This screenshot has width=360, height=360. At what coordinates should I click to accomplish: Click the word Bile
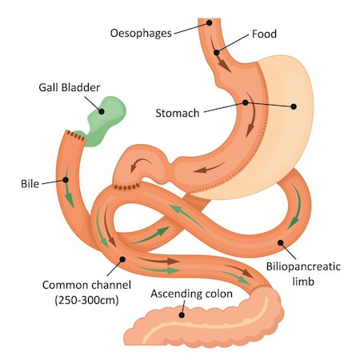point(30,183)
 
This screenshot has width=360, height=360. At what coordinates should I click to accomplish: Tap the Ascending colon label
point(192,294)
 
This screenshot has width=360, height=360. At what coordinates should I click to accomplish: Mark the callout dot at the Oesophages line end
point(209,22)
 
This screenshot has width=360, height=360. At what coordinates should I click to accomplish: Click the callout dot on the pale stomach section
point(294,106)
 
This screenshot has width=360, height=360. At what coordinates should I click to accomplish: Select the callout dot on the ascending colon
point(182,314)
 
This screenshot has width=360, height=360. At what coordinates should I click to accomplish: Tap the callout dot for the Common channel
point(122,258)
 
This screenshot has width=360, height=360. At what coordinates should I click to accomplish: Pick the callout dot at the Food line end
point(216,54)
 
